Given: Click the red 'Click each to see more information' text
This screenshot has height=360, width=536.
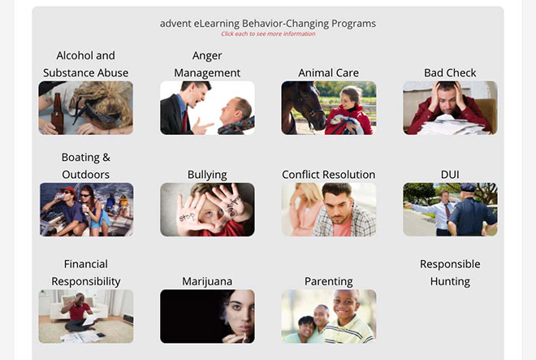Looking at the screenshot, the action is coord(268,33).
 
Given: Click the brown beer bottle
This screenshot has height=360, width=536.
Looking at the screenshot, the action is coord(57,114).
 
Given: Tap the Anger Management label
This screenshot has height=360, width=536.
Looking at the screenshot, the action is coord(207,64).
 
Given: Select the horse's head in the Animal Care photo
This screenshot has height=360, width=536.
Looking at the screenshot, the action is coord(304,104).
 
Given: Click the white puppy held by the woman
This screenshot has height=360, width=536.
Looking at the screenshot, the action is coord(344,124).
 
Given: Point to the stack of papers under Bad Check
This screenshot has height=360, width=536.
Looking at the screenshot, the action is coord(451,125).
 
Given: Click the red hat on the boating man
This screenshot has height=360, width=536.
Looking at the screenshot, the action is coord(68,190).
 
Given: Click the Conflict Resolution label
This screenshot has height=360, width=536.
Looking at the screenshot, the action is coord(329,175).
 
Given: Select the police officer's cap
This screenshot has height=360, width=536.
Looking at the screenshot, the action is coord(468,187).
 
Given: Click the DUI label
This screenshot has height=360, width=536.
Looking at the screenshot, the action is coord(450,175).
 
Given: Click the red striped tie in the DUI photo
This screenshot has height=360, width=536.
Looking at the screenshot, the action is coord(447,210).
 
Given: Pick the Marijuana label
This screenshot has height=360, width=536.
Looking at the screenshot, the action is coord(207,281).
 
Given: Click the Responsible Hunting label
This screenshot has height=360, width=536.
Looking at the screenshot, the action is coord(450,273).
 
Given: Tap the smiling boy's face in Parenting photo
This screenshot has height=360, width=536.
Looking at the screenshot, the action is coord(345,304).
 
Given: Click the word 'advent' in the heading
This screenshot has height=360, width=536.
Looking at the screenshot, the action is coord(175,24).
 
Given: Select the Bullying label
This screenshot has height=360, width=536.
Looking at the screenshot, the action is coord(207,175).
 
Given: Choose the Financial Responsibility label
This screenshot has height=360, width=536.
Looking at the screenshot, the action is coord(86,273).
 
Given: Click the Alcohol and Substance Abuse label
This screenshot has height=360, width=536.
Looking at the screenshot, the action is coord(86,64).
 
